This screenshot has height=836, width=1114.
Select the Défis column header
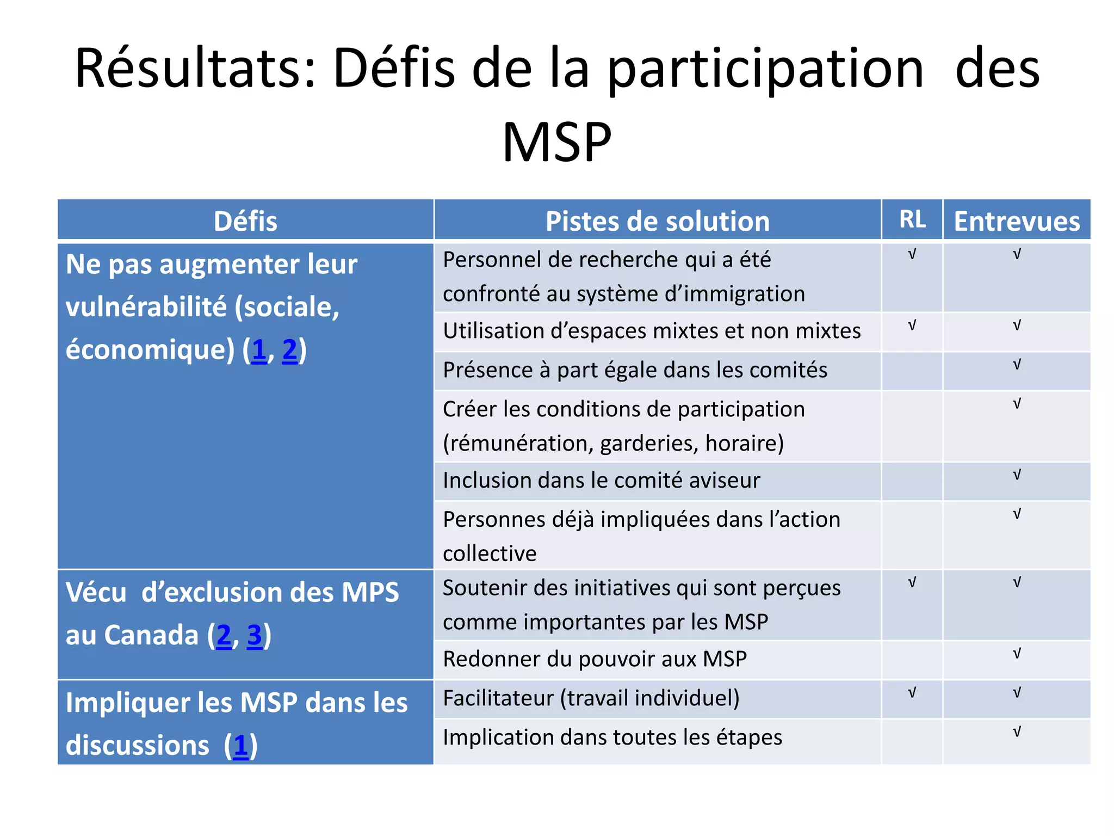coord(245,222)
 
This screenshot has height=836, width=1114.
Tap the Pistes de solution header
coord(657,222)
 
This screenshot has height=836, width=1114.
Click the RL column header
coord(912,219)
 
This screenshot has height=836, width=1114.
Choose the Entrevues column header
coord(1017,222)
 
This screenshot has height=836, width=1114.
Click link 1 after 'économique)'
coord(259,350)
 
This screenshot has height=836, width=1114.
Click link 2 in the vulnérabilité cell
coord(289,350)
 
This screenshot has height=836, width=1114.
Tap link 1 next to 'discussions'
coord(240,746)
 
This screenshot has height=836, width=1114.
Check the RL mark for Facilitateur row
coord(912,693)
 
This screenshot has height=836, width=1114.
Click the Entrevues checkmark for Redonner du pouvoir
coord(1017,654)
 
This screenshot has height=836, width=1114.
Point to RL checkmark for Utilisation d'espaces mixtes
coord(912,325)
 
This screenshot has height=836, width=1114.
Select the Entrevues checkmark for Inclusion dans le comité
coord(1017,475)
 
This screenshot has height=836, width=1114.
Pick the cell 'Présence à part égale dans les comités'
coord(635,370)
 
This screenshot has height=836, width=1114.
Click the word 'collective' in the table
coord(490,554)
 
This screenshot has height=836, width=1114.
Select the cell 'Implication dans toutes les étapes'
coord(612,737)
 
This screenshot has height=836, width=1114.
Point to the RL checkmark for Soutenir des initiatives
coord(912,583)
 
